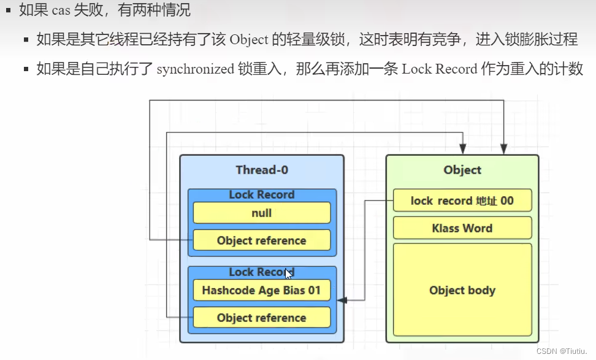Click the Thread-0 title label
click(261, 170)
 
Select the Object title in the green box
click(462, 170)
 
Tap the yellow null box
click(261, 213)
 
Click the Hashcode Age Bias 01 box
click(261, 290)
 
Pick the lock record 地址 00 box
click(462, 201)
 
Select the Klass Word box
click(462, 228)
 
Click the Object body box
click(462, 290)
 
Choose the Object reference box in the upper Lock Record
click(261, 240)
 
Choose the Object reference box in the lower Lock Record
click(261, 318)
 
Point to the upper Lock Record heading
click(261, 195)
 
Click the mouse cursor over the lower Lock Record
click(288, 274)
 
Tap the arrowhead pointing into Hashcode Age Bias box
click(342, 300)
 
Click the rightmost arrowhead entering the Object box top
click(503, 149)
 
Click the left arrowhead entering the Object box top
click(463, 149)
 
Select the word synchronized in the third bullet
click(195, 69)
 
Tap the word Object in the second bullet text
click(249, 40)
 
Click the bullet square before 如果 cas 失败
click(9, 10)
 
